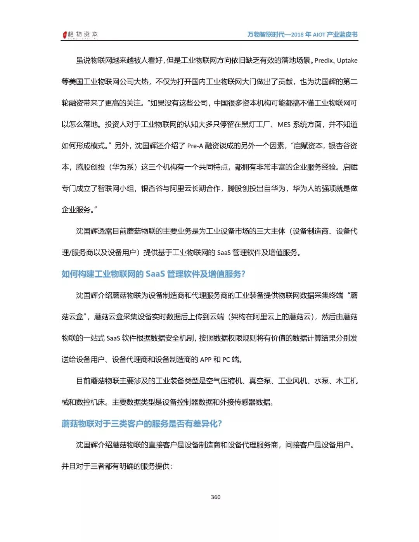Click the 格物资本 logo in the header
point(80,35)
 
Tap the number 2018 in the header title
point(297,35)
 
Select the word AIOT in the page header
point(319,35)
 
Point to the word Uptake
point(347,61)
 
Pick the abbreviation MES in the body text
point(284,125)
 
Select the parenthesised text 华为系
point(123,167)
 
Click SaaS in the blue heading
point(155,274)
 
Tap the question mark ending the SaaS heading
point(243,274)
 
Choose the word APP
point(206,360)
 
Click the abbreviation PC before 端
point(226,360)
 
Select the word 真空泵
point(260,381)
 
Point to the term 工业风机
point(292,381)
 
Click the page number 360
point(216,497)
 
